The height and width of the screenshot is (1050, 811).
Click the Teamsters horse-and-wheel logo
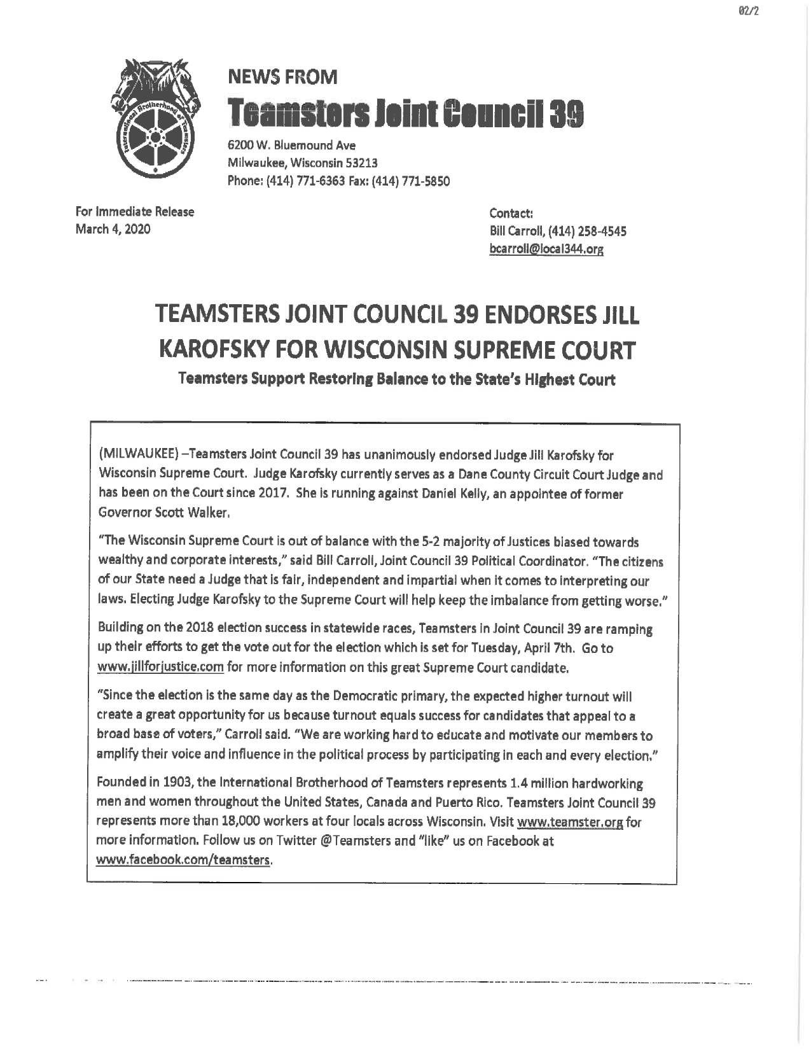tap(153, 118)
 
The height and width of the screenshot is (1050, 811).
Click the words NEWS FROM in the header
tap(282, 78)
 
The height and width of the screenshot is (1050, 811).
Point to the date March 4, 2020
tap(113, 229)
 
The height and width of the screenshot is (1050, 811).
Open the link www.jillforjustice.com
tap(160, 668)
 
